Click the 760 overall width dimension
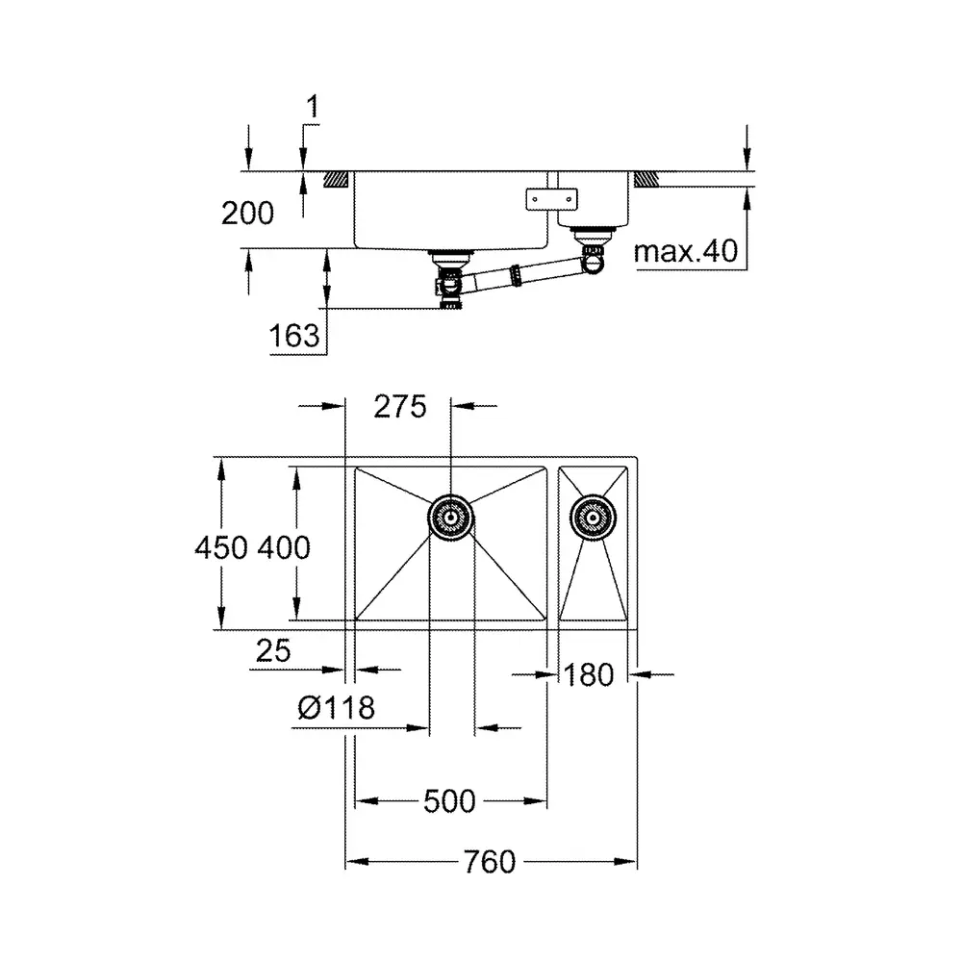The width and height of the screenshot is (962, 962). pyautogui.click(x=490, y=861)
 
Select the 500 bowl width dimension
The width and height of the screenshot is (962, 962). pyautogui.click(x=449, y=801)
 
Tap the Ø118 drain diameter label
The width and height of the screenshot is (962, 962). pyautogui.click(x=336, y=707)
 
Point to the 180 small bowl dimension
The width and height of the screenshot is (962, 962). pyautogui.click(x=589, y=675)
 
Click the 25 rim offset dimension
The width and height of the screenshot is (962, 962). pyautogui.click(x=273, y=650)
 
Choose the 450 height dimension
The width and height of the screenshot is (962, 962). pyautogui.click(x=221, y=547)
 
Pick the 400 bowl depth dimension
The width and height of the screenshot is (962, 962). pyautogui.click(x=284, y=547)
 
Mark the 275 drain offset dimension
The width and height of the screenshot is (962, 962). pyautogui.click(x=400, y=406)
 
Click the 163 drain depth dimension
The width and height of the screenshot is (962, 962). pyautogui.click(x=293, y=336)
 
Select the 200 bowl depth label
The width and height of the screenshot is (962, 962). pyautogui.click(x=247, y=214)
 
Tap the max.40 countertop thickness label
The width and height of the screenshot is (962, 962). pyautogui.click(x=685, y=251)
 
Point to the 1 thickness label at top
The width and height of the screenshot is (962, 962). pyautogui.click(x=313, y=106)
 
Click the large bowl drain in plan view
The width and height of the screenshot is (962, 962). pyautogui.click(x=451, y=518)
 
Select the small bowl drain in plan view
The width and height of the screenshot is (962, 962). pyautogui.click(x=593, y=518)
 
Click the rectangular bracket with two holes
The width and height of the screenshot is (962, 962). pyautogui.click(x=551, y=199)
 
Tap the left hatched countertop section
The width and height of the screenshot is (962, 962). pyautogui.click(x=336, y=179)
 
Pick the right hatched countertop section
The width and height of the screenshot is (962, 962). pyautogui.click(x=646, y=179)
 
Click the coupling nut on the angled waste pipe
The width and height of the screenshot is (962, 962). pyautogui.click(x=517, y=275)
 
